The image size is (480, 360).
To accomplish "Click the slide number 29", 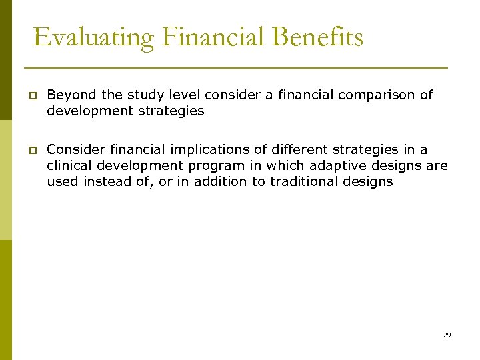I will tap(447, 335).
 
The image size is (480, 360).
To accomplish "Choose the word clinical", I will tap(67, 166).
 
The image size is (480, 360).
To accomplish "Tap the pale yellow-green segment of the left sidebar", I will tap(5, 180).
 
